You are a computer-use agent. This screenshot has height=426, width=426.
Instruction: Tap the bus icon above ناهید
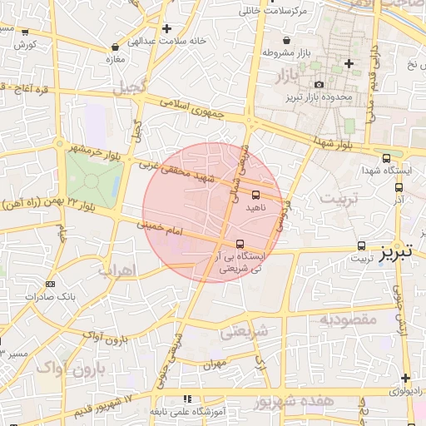(255, 195)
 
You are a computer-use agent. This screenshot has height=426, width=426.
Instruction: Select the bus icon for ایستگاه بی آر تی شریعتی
(240, 244)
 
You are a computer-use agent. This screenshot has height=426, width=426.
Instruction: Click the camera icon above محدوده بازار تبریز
(319, 84)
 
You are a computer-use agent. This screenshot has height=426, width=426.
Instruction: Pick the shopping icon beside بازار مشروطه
(287, 40)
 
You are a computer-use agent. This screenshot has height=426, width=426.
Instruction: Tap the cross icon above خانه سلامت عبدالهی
(167, 28)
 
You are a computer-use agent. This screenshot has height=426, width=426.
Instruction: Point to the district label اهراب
(116, 270)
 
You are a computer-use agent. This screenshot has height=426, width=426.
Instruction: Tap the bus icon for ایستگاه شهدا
(386, 158)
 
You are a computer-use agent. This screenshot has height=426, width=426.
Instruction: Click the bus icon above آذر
(399, 187)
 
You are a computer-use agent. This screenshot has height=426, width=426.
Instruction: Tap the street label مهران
(214, 364)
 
